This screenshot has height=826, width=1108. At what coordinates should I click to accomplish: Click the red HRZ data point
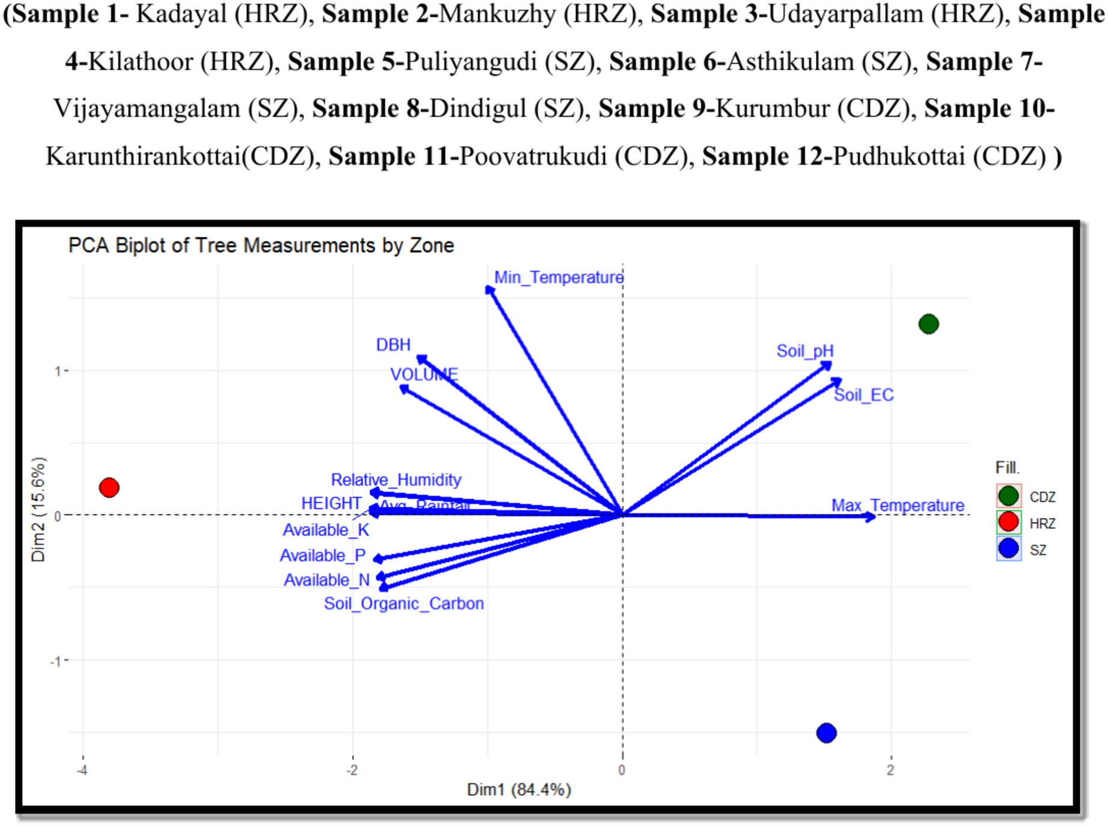[109, 487]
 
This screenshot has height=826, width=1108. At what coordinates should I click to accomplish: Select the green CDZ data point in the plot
[928, 324]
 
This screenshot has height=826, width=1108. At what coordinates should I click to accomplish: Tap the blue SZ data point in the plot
[826, 733]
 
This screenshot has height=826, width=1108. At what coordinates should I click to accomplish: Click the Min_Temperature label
[559, 277]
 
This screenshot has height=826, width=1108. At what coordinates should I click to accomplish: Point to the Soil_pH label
[804, 350]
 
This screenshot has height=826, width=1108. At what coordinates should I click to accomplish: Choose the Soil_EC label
[863, 395]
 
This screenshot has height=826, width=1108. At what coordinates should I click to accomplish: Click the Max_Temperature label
[897, 505]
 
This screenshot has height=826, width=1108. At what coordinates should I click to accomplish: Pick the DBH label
[393, 344]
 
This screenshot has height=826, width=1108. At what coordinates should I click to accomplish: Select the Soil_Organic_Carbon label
[403, 603]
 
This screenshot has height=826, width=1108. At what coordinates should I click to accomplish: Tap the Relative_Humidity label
[396, 480]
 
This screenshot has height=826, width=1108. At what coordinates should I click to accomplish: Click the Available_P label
[322, 555]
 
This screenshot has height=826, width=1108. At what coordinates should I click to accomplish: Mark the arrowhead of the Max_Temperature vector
[871, 516]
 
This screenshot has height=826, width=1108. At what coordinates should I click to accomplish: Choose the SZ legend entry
[1022, 549]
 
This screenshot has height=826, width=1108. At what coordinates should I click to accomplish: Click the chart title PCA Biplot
[260, 245]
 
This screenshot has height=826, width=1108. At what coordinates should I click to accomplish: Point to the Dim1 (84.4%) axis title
[518, 789]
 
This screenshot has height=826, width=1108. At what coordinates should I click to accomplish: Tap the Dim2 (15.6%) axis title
[38, 509]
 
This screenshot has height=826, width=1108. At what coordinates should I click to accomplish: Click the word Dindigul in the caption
[477, 109]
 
